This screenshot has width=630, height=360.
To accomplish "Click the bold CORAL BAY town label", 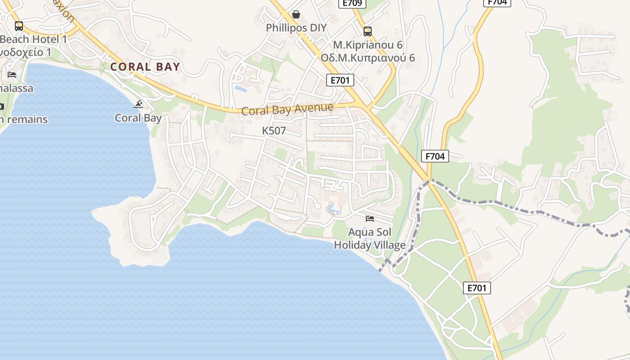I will [x=145, y=67].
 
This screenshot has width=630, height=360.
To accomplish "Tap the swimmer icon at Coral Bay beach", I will [x=139, y=105].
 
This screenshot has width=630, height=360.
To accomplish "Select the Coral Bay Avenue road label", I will [x=287, y=109].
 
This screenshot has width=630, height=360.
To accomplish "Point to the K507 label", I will [x=274, y=131].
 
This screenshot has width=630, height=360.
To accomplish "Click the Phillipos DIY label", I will [x=296, y=28].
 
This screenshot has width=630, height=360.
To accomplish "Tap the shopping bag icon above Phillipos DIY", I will [x=296, y=14].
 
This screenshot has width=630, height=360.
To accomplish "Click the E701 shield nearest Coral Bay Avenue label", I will [x=340, y=81].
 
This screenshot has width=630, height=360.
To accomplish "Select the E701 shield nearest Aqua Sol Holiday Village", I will [x=477, y=288].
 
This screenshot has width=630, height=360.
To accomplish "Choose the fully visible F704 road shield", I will [x=435, y=156].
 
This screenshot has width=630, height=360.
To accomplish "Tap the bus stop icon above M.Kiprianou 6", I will [x=368, y=31].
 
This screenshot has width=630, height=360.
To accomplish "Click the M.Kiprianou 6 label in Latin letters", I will [x=368, y=45].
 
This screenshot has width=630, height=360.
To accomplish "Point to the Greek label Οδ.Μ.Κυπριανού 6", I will [x=368, y=58].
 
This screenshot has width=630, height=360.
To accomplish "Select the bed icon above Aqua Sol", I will [x=370, y=219].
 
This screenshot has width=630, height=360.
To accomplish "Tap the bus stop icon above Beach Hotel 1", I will [x=19, y=26].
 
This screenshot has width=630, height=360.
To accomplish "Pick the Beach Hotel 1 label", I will [x=33, y=39].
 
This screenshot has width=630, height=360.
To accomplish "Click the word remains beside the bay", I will [x=27, y=120].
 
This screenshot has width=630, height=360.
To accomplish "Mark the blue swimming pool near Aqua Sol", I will [x=332, y=208].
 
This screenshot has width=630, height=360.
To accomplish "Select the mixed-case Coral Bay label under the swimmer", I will [x=138, y=118].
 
